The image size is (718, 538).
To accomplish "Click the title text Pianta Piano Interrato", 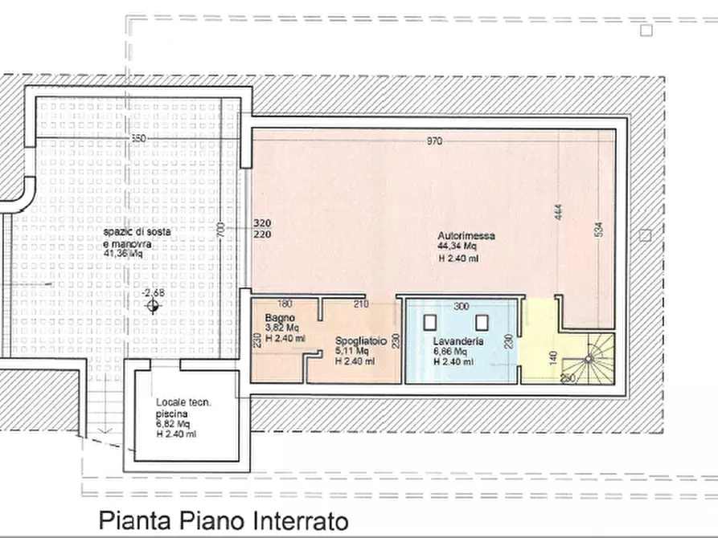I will (224, 521).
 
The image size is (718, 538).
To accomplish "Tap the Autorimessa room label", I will (466, 236).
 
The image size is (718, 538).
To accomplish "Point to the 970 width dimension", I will (434, 141).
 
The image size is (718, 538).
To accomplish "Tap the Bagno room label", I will (279, 318).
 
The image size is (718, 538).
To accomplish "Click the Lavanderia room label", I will (457, 341).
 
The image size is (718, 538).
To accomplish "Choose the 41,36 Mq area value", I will (123, 253).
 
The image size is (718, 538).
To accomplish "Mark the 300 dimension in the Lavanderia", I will (460, 307).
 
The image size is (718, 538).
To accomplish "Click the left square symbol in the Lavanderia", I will (431, 323).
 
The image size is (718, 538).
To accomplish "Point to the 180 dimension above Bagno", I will (283, 304).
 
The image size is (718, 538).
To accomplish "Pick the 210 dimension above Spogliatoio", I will (360, 304).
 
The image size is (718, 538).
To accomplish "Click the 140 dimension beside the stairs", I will (553, 357).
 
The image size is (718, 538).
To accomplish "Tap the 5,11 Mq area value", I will (352, 351).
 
